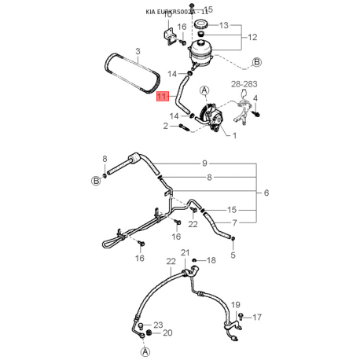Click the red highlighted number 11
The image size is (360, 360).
coord(162,97)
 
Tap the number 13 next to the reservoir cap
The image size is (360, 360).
coord(224,25)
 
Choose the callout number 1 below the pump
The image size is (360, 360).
coord(234,135)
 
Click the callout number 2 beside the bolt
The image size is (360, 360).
coord(167,125)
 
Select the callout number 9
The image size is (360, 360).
coord(205,163)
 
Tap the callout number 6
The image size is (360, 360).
coord(266,193)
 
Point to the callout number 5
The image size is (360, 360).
coord(233,254)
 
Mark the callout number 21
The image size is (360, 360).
coord(186,252)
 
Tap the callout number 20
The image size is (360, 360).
coord(167,332)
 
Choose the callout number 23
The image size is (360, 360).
coord(157,324)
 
